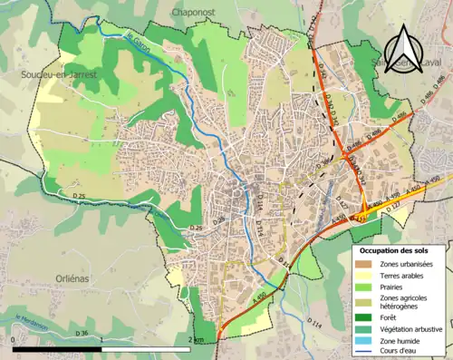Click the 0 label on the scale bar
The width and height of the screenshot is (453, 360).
coord(13,340)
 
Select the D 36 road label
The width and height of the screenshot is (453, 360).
coord(81,334)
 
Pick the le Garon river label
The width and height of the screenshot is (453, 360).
coord(136,41)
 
